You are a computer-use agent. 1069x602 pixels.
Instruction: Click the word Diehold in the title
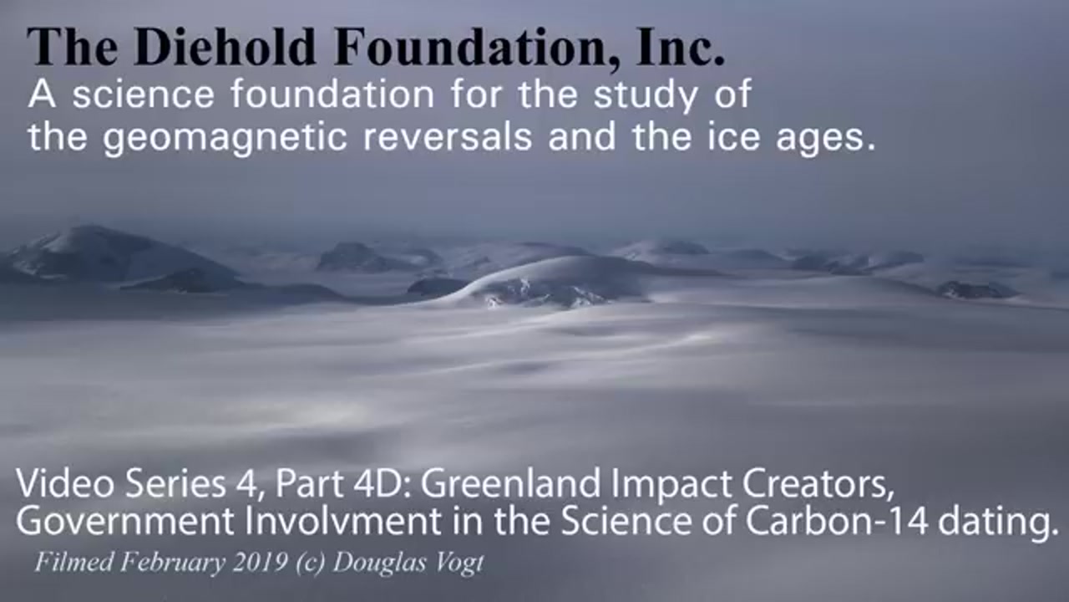coord(225,47)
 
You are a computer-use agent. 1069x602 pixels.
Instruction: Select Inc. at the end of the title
coord(681,47)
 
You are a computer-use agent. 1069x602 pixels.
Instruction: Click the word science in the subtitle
coord(143,94)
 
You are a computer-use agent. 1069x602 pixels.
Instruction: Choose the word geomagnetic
coord(225,139)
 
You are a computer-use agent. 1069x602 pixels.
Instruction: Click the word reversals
coord(447,137)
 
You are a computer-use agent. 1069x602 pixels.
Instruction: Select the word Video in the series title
coord(65,483)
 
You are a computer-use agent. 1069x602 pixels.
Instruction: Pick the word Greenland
coord(510,483)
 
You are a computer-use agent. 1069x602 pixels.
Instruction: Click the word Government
coord(125,521)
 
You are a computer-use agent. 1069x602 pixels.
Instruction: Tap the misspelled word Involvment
coord(343,521)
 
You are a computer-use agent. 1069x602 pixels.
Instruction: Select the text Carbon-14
coord(837,521)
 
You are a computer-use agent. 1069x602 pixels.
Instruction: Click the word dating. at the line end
coord(998,522)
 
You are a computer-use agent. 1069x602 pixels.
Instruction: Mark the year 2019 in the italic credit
coord(261,563)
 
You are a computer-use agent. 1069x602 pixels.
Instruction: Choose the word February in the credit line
coord(173,563)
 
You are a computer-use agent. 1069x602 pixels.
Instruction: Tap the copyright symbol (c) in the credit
coord(311,563)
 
